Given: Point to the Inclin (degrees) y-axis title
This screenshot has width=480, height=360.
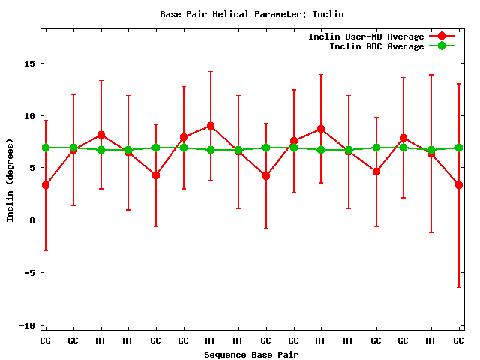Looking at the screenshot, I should point(10,179).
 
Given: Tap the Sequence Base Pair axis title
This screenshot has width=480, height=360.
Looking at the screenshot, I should point(251,354).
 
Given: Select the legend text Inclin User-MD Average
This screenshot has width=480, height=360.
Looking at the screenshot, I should point(366,37).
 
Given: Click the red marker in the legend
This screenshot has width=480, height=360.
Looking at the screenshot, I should point(441,37).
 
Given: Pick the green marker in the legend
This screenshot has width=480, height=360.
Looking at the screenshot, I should point(441,46).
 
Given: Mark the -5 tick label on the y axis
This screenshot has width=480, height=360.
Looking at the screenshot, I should point(28,273).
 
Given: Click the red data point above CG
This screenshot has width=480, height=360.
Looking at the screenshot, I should point(46,185).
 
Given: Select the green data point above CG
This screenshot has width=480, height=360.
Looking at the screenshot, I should point(46,148).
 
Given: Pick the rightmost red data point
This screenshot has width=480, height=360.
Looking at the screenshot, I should point(458,185).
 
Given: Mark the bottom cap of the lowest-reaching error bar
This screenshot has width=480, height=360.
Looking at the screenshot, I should point(458,287).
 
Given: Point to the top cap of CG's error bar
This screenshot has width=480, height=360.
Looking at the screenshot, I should point(46,121).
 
